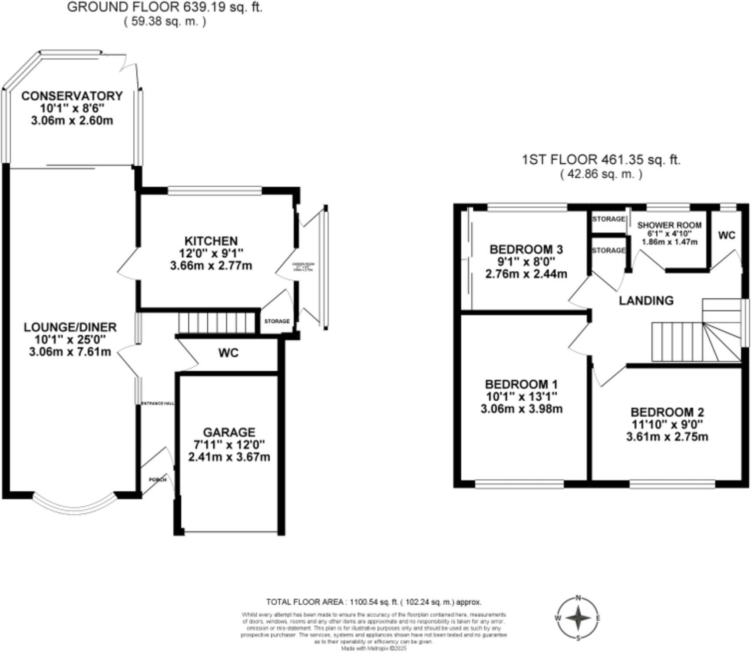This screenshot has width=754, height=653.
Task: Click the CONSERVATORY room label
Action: click(72, 96)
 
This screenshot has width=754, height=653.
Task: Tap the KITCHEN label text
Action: click(211, 241)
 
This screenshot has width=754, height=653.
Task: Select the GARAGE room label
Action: click(229, 432)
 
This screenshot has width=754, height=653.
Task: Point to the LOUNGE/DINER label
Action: click(70, 327)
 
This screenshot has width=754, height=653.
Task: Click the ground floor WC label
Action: click(228, 353)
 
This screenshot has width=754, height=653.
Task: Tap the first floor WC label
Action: click(727, 235)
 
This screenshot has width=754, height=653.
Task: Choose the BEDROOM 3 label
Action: click(526, 250)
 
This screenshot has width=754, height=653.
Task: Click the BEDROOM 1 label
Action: click(521, 384)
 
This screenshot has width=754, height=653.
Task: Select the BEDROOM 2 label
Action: click(667, 412)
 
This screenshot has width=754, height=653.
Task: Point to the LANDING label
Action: click(646, 300)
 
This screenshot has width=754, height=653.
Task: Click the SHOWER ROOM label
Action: click(669, 225)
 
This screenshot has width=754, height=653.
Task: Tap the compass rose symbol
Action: click(578, 618)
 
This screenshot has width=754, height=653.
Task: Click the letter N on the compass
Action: click(578, 598)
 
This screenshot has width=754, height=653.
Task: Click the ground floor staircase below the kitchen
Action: click(216, 322)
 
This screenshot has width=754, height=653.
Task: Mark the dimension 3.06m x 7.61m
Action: click(70, 352)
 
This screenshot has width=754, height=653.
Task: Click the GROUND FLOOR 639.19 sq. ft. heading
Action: click(165, 7)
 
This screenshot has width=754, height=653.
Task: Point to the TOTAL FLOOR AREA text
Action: click(374, 602)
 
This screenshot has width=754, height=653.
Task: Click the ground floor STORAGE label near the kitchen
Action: click(277, 321)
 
